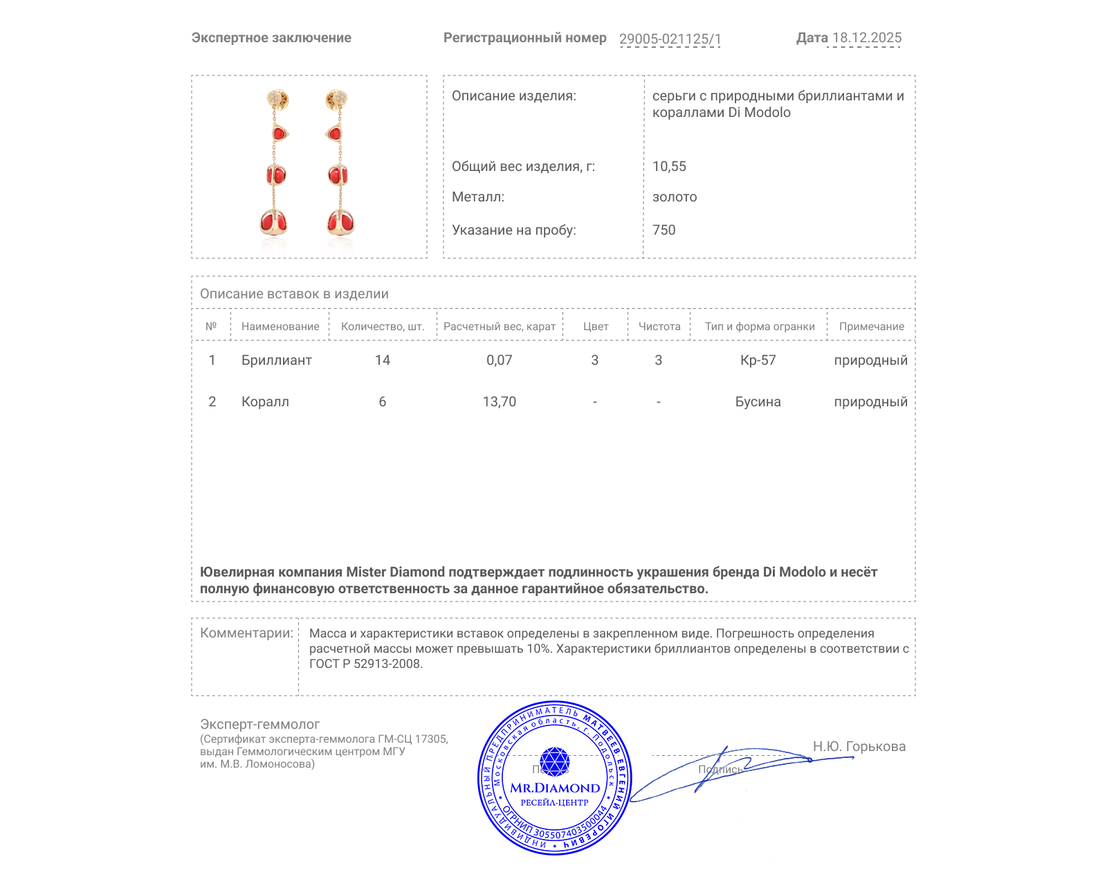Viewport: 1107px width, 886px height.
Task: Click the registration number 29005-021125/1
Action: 670,39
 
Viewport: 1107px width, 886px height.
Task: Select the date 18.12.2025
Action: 867,38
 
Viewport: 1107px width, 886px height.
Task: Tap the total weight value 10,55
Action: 669,166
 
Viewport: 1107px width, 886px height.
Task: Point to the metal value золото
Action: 675,197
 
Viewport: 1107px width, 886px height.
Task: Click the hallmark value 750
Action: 664,230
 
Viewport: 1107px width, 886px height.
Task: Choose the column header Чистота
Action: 659,327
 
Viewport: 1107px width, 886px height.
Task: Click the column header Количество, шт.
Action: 383,327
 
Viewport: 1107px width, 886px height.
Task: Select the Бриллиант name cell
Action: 276,360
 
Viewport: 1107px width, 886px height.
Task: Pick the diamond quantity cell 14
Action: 383,360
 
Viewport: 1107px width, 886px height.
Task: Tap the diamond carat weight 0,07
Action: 499,360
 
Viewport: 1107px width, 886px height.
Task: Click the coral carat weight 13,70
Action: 499,401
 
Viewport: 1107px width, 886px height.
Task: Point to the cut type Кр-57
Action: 758,360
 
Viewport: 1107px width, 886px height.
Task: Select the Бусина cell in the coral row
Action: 758,401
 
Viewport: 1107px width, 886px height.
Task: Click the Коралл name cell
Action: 265,401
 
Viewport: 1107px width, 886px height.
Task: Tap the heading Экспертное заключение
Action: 271,38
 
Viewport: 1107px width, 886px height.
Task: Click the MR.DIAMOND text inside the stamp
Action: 555,788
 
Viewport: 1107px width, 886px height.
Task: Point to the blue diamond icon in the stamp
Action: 554,761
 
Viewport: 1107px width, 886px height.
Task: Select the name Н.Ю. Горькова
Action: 859,746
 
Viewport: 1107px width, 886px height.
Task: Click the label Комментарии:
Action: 246,633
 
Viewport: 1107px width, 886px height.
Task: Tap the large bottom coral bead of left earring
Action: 273,222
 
